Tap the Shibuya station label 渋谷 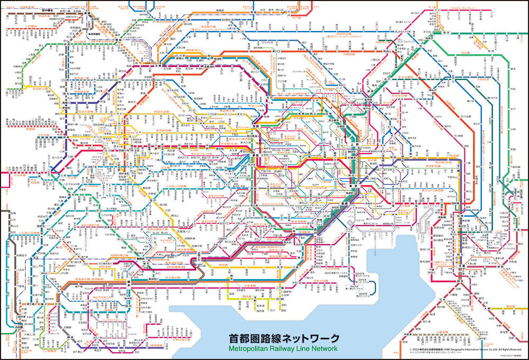pyautogui.click(x=254, y=188)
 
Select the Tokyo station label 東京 pyautogui.click(x=358, y=185)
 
